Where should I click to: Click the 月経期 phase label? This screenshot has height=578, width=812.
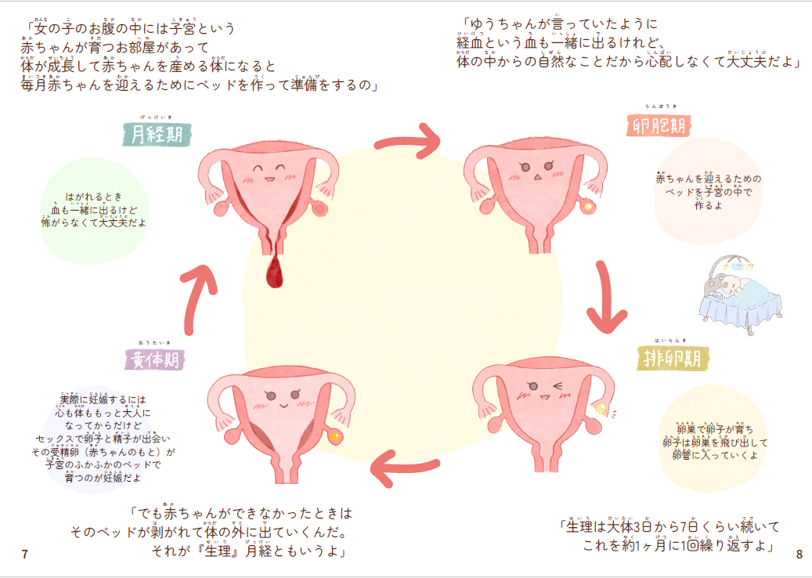pos(157,134)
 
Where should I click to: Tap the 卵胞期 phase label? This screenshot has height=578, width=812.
pos(660,125)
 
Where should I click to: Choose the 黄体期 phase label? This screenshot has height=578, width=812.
pos(154,359)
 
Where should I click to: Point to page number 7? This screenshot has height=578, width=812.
pos(25,555)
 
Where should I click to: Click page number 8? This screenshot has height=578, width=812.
pos(799,555)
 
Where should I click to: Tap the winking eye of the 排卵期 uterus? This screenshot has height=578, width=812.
pos(557,385)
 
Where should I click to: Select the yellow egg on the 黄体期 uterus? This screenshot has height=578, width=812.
pos(336,436)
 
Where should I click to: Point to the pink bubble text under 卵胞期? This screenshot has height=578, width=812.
pos(708,192)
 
